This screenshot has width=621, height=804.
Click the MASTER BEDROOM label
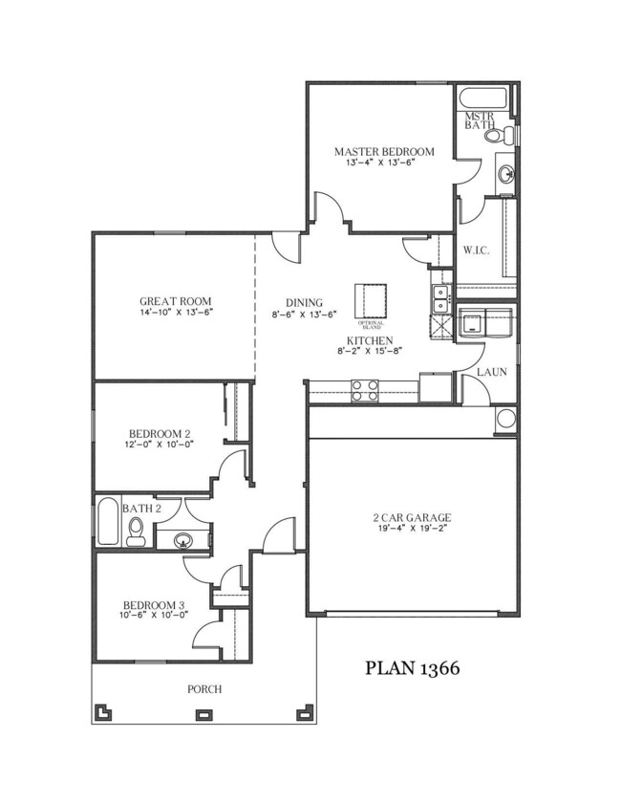pos(384,151)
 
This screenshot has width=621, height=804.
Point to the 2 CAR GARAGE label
pos(412,519)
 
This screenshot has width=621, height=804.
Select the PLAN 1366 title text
pos(413,668)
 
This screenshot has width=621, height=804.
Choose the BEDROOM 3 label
pos(153,605)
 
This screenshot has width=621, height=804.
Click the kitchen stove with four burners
pos(364,389)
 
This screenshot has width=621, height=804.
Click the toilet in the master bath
pos(496,137)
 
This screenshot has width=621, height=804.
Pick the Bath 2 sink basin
pos(182,540)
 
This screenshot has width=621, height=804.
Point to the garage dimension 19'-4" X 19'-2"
pos(412,530)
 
